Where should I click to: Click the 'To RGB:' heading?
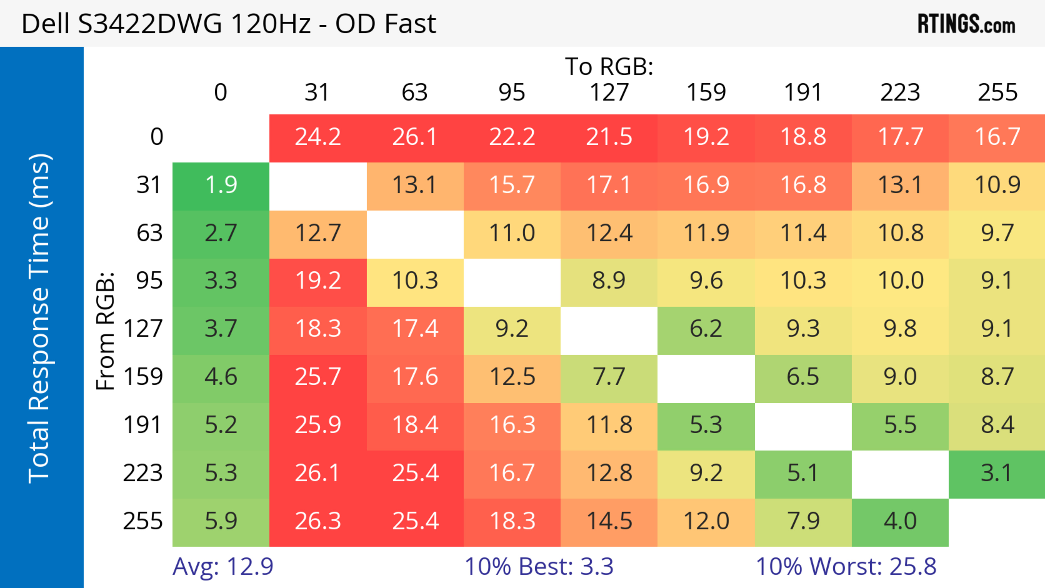[609, 66]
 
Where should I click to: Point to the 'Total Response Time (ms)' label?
[40, 318]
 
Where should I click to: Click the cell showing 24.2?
[318, 137]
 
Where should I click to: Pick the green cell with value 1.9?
[221, 185]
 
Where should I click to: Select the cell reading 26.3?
[318, 521]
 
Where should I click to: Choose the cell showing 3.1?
[997, 473]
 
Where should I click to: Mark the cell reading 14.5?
[609, 521]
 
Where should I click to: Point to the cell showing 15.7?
[512, 185]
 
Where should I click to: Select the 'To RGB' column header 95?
[512, 93]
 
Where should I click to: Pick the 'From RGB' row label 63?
[149, 233]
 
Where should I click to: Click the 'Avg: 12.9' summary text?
[223, 567]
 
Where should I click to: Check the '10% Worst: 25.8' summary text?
[846, 567]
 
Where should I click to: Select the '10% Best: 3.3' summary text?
[539, 567]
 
